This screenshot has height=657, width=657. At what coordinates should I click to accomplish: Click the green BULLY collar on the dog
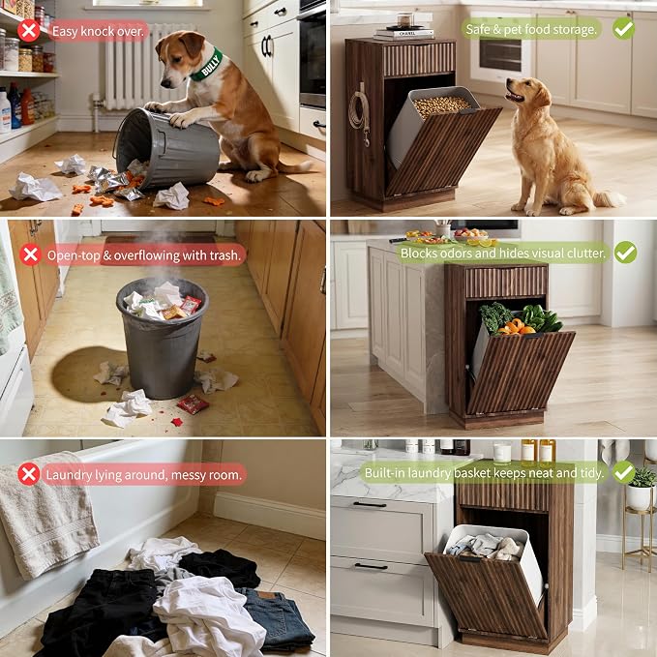point(207,64)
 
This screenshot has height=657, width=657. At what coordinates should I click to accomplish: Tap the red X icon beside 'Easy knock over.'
point(29,31)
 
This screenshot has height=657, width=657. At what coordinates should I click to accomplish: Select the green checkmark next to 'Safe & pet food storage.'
point(623,28)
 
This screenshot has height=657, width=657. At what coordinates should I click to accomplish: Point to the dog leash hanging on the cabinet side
point(360,112)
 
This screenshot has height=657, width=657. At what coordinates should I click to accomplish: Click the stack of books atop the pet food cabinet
point(403,34)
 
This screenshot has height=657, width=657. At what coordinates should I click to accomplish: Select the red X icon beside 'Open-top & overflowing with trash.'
point(31,254)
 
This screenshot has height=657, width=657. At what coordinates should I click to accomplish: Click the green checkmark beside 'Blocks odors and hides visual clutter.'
point(626,253)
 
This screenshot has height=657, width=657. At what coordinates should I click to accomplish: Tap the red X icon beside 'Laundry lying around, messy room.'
point(28,474)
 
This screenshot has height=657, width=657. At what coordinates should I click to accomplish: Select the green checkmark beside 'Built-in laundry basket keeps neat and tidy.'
point(624,472)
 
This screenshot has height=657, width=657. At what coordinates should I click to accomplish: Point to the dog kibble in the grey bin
point(442,105)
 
